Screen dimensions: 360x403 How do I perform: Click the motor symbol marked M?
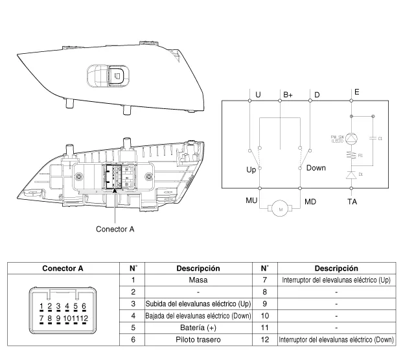point(280,209)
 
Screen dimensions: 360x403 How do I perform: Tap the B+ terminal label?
point(288,95)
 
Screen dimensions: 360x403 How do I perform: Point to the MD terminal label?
point(311,202)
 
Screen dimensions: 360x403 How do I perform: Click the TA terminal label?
point(352,202)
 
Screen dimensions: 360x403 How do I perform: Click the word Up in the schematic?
point(251,169)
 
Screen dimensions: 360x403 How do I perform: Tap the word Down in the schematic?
point(316,168)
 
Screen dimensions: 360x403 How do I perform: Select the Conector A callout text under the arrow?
point(116,228)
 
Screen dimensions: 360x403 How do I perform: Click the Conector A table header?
point(63,269)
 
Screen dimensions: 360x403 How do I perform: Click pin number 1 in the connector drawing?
point(41,306)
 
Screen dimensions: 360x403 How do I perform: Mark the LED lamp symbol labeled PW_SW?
point(351,138)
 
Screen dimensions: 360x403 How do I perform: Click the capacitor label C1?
point(380,139)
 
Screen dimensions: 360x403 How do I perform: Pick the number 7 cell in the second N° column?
point(264,280)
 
